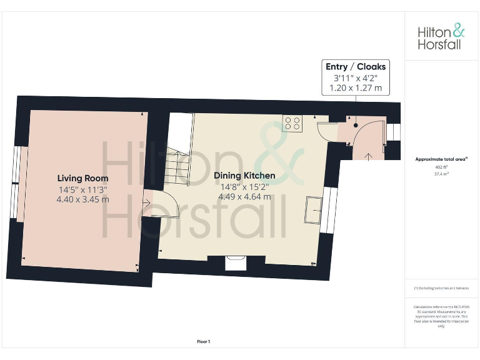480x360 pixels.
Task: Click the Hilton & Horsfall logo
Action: pyautogui.click(x=441, y=36)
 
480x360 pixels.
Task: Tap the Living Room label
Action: pyautogui.click(x=83, y=178)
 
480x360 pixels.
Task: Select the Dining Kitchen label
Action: pyautogui.click(x=244, y=176)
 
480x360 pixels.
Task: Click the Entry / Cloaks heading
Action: pyautogui.click(x=356, y=67)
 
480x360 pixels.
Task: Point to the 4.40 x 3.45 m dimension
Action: pyautogui.click(x=84, y=199)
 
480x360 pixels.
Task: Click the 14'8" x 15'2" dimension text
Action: pyautogui.click(x=244, y=186)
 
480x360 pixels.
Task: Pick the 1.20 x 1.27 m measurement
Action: pyautogui.click(x=356, y=88)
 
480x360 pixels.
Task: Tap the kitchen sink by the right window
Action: pyautogui.click(x=312, y=209)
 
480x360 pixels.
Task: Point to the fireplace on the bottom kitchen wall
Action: pyautogui.click(x=236, y=262)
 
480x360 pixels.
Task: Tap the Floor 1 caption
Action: pyautogui.click(x=203, y=341)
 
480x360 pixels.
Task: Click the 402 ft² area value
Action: pyautogui.click(x=441, y=167)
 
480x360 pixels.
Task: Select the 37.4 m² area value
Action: pyautogui.click(x=441, y=174)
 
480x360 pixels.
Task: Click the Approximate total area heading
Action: pyautogui.click(x=441, y=159)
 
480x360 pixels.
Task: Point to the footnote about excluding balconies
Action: pyautogui.click(x=441, y=288)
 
